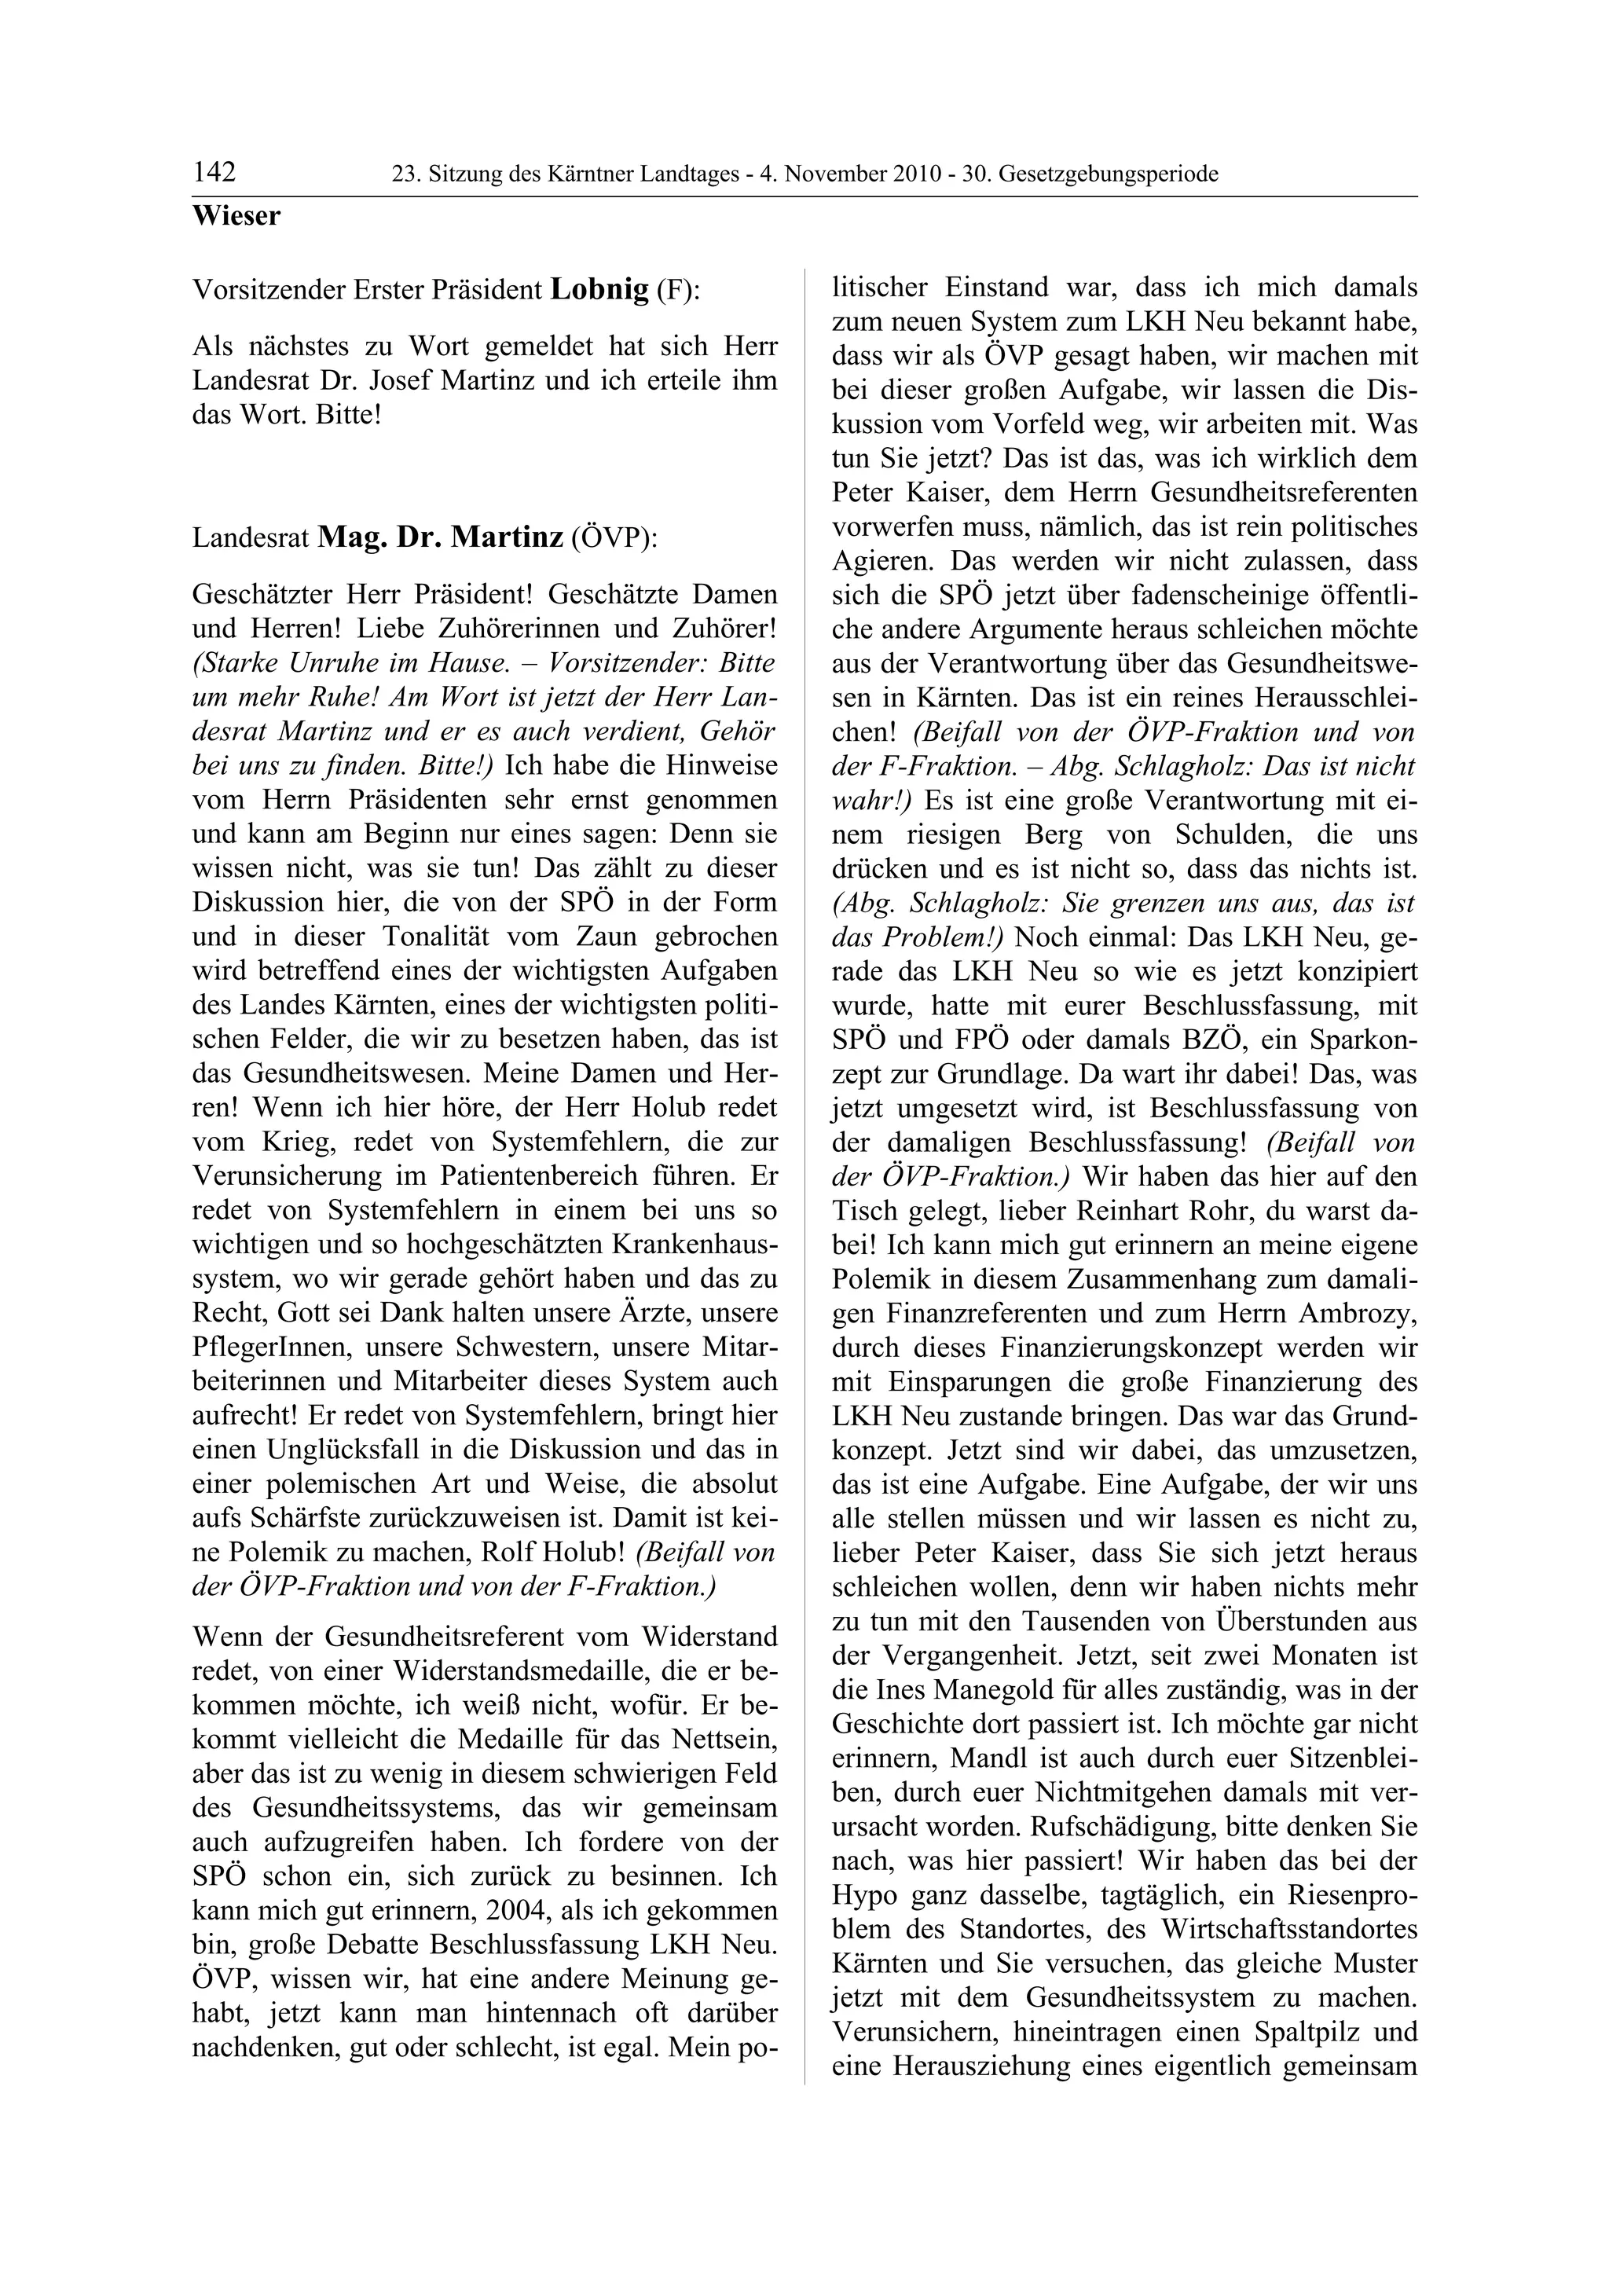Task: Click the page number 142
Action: coord(214,173)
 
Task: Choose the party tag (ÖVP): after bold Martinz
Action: coord(614,538)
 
